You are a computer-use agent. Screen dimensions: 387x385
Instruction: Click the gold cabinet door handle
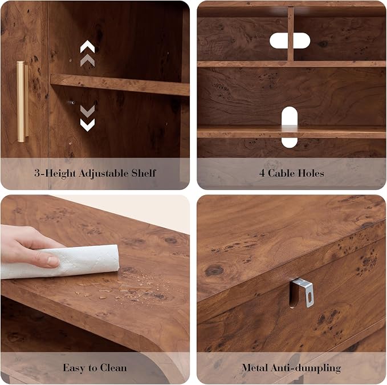click(22, 102)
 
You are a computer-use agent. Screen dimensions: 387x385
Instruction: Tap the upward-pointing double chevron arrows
click(87, 54)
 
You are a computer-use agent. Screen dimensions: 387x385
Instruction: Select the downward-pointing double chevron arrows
click(87, 118)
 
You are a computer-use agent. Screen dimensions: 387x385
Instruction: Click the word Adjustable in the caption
click(103, 173)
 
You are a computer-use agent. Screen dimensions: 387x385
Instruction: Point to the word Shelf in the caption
click(144, 173)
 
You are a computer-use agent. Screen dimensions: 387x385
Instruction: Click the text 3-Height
click(55, 173)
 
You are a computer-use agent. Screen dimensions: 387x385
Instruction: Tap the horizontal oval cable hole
click(290, 40)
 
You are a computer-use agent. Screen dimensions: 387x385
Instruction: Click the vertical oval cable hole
click(290, 127)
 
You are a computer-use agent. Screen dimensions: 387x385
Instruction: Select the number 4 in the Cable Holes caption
click(262, 173)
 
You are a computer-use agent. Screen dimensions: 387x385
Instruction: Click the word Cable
click(280, 173)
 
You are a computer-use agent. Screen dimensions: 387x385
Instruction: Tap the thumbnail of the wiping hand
click(53, 261)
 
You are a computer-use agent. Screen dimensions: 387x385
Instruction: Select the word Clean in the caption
click(113, 368)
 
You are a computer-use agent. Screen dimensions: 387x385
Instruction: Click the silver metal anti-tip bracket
click(302, 293)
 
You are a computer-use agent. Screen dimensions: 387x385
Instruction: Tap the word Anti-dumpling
click(306, 368)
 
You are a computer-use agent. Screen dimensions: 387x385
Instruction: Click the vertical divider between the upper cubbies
click(291, 34)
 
